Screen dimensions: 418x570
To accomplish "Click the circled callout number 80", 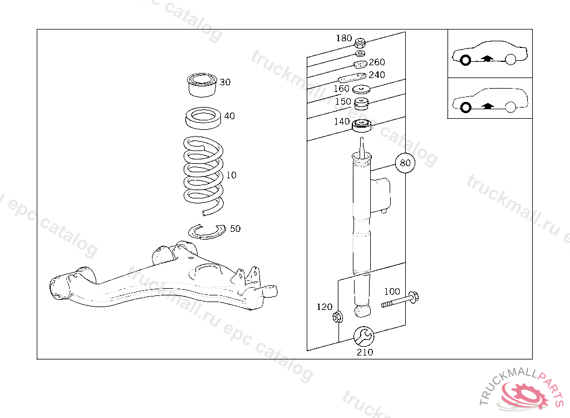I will tap(405, 163).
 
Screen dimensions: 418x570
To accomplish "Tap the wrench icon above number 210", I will tap(364, 336).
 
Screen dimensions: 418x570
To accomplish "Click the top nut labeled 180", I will tap(360, 42).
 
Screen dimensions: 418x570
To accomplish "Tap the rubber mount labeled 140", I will tap(362, 126).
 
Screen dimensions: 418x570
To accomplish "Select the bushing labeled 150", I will tap(362, 103).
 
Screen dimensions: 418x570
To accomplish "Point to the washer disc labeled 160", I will tap(362, 90).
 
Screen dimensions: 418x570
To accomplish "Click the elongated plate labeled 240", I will tap(352, 78).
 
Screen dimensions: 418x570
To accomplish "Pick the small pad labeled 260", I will tap(360, 63).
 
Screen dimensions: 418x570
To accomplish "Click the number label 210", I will tap(365, 352).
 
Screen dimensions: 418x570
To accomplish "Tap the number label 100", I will tap(392, 291).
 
